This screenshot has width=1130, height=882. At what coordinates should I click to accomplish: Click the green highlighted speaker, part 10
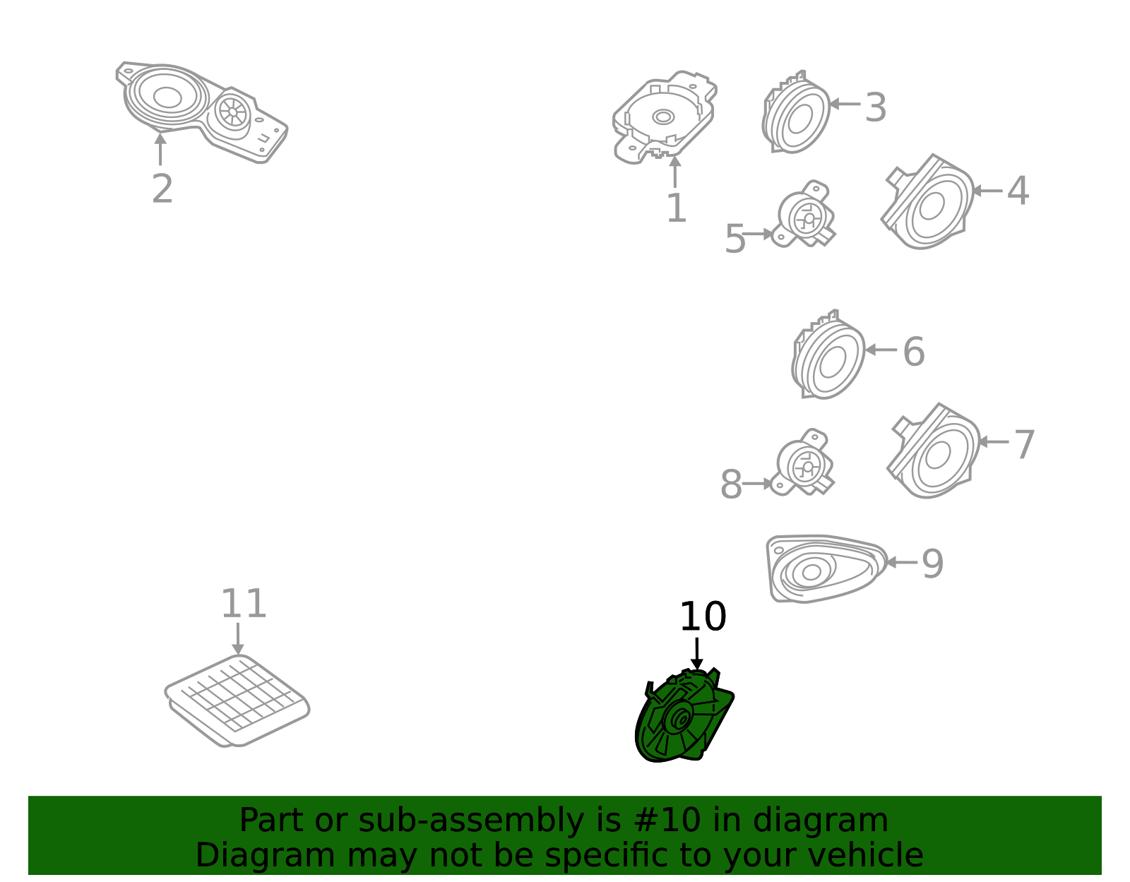coord(684,717)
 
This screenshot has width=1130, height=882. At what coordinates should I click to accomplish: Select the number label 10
coord(703,617)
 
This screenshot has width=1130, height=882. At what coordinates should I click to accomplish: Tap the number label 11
coord(244,604)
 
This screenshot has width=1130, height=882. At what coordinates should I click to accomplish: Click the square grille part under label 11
coord(237,701)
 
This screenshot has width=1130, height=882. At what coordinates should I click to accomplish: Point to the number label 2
coord(162,189)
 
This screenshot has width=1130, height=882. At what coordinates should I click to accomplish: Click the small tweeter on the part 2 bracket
coord(232,112)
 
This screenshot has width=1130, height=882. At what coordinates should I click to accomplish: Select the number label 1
coord(677,208)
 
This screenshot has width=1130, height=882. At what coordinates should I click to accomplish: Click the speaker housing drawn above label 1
coord(664,117)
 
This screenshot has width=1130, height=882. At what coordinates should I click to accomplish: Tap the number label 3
coord(875,107)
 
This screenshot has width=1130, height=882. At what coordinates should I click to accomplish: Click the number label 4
coord(1018,191)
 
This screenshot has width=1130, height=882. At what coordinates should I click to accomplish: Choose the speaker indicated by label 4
coord(927,202)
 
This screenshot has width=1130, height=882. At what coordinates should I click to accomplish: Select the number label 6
coord(914,352)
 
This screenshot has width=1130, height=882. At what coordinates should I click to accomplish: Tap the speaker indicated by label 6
coord(828,355)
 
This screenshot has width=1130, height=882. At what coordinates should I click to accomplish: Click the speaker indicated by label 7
coord(934,451)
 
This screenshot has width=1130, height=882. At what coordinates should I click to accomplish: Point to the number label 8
coord(731,485)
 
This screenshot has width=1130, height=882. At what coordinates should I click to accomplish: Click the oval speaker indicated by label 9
coord(826,568)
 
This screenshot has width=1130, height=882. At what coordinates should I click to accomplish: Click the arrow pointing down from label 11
coord(237,639)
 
